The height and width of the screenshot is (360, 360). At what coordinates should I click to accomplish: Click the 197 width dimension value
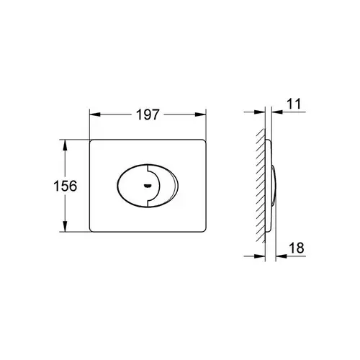point(148,114)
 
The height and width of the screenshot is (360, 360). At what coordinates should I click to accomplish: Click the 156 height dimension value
point(66,186)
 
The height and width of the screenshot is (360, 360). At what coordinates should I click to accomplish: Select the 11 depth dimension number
point(294,104)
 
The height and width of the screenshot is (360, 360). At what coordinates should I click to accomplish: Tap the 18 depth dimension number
point(297,248)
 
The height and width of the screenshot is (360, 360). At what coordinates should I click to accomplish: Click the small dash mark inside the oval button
point(147,186)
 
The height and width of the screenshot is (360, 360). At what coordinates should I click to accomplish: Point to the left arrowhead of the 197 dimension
point(95,114)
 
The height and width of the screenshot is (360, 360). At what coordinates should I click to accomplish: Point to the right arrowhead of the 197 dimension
point(201,114)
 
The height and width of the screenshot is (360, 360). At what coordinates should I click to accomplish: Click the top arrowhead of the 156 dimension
point(65,145)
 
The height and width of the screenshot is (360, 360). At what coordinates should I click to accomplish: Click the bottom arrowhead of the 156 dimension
point(65,226)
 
